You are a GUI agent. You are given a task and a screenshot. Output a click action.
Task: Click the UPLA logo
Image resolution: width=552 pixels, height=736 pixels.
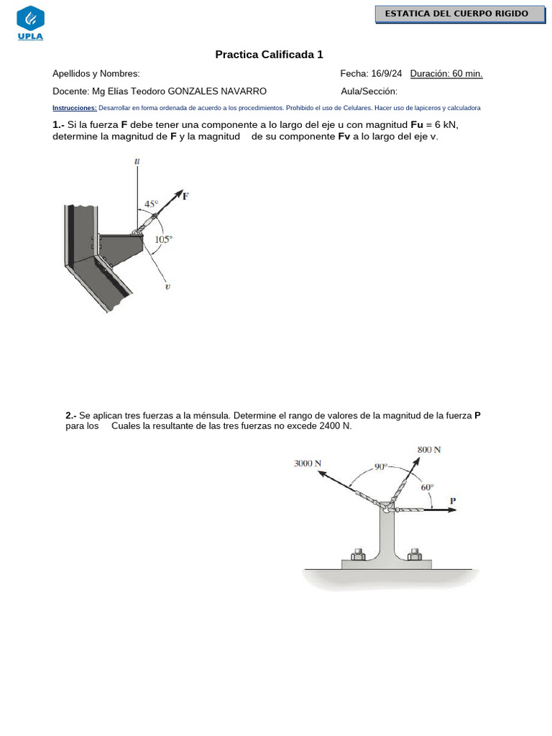30,24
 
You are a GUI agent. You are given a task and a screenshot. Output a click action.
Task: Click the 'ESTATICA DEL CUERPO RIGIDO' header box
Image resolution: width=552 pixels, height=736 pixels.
456,14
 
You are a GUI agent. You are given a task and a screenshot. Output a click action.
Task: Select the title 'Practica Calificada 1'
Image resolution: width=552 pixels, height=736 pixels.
270,55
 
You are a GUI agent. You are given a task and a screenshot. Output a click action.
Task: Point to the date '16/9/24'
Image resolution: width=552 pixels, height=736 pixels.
387,73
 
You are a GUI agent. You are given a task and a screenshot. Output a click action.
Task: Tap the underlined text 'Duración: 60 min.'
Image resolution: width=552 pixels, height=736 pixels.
446,73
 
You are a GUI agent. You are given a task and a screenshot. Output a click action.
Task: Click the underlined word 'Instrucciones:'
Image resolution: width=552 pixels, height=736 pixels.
75,108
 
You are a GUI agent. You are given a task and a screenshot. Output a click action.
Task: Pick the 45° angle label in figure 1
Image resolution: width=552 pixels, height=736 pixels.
152,204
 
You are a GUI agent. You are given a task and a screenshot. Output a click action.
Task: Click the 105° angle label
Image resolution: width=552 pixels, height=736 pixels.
164,240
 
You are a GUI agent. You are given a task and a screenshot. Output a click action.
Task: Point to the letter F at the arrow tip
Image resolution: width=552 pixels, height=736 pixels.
185,195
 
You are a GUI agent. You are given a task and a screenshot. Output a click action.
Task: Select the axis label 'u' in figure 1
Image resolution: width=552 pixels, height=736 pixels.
137,162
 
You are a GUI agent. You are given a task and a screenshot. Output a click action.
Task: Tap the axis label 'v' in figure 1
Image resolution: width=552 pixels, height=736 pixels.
167,286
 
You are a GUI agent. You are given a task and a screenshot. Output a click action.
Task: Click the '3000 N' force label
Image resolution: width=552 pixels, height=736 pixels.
308,464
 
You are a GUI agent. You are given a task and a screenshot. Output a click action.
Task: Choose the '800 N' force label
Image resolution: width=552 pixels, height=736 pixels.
429,449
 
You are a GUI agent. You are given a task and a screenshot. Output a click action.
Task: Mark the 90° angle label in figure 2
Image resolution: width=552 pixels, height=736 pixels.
380,466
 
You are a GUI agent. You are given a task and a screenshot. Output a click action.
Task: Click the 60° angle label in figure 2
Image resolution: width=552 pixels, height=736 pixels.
427,487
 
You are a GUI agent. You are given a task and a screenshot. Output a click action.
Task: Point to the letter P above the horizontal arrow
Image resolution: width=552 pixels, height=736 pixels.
453,500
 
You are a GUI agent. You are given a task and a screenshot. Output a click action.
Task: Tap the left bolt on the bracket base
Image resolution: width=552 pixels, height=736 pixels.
357,554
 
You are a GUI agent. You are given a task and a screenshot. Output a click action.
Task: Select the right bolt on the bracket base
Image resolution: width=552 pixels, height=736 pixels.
414,554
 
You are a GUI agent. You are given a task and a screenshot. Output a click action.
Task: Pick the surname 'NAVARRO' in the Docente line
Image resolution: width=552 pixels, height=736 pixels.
241,91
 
